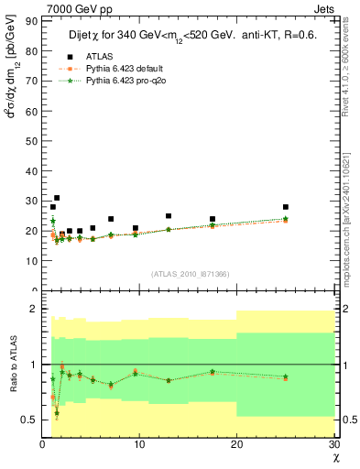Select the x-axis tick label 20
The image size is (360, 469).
pyautogui.click(x=237, y=445)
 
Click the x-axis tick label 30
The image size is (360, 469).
pyautogui.click(x=333, y=445)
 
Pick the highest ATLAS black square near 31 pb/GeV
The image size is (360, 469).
pyautogui.click(x=57, y=198)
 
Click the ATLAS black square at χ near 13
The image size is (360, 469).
pyautogui.click(x=169, y=216)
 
